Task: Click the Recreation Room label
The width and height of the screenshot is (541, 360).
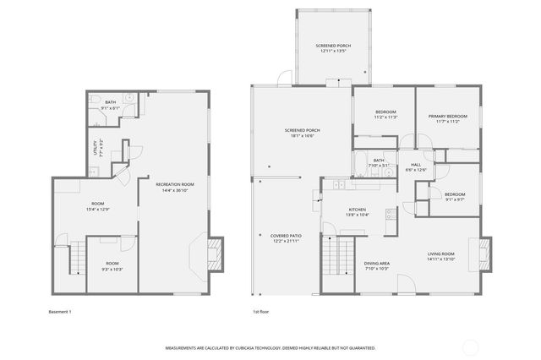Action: click(x=175, y=186)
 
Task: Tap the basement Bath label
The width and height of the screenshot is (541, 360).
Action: click(x=111, y=105)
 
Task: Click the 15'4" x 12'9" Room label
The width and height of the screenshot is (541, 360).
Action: click(x=98, y=205)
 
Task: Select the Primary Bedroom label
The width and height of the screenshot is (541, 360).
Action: click(x=447, y=118)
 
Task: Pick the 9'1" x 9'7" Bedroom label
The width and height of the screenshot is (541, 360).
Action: click(x=454, y=196)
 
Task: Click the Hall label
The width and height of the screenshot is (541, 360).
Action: click(x=416, y=166)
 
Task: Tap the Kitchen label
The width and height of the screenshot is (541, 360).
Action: click(x=358, y=211)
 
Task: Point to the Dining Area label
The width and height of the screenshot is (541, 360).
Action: click(x=376, y=265)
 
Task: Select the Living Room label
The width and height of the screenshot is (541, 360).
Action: click(x=440, y=256)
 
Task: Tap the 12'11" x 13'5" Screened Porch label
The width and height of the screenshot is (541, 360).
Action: click(x=331, y=48)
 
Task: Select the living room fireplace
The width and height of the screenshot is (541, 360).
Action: click(x=484, y=253)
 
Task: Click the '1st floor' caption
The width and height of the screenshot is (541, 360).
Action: click(x=261, y=312)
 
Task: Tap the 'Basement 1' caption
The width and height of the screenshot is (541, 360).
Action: click(x=61, y=312)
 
